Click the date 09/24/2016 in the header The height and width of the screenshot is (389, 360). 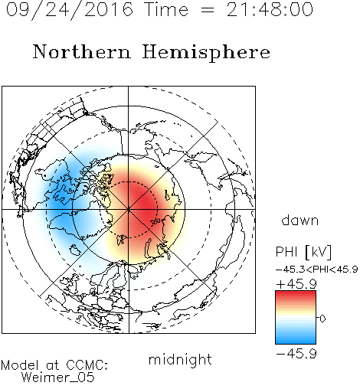pos(70,10)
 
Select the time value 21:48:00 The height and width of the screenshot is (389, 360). pos(270,9)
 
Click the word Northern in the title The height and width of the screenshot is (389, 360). pos(82,51)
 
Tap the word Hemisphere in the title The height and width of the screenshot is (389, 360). pos(206,53)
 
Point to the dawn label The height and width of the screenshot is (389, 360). pos(300,220)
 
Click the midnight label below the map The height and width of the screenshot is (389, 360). pos(180,359)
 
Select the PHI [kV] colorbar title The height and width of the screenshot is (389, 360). pos(303,252)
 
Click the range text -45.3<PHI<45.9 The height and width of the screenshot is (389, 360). pos(316,270)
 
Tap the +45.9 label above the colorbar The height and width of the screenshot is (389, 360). pos(296,284)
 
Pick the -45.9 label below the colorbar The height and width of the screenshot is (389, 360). pos(296,354)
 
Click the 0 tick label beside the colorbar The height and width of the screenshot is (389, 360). pos(322,319)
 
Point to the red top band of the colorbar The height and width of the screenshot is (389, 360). pos(296,294)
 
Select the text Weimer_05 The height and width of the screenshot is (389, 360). pos(58,377)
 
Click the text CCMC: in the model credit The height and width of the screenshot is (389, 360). pos(87,364)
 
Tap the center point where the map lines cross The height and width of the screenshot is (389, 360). pos(129,210)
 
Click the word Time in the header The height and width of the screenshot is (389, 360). pos(166,9)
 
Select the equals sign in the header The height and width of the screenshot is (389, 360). pos(208,10)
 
